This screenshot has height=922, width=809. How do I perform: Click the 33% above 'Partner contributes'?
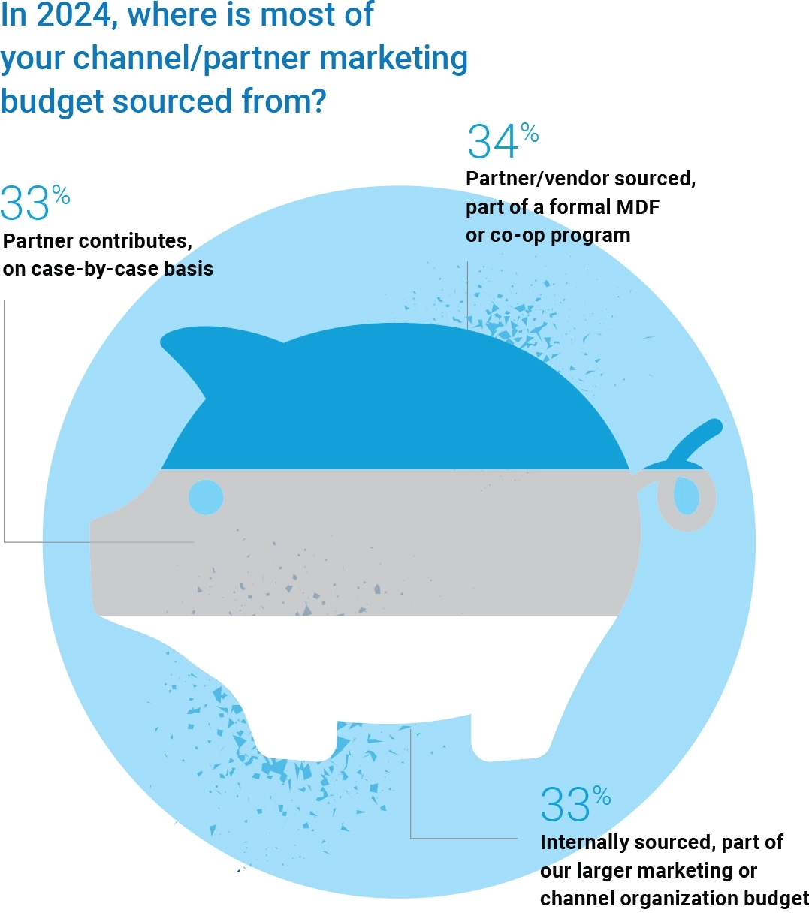tap(34, 203)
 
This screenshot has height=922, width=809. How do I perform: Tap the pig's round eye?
tap(206, 497)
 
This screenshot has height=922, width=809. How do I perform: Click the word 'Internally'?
tap(584, 842)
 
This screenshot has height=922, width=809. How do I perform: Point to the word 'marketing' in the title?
tap(399, 59)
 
